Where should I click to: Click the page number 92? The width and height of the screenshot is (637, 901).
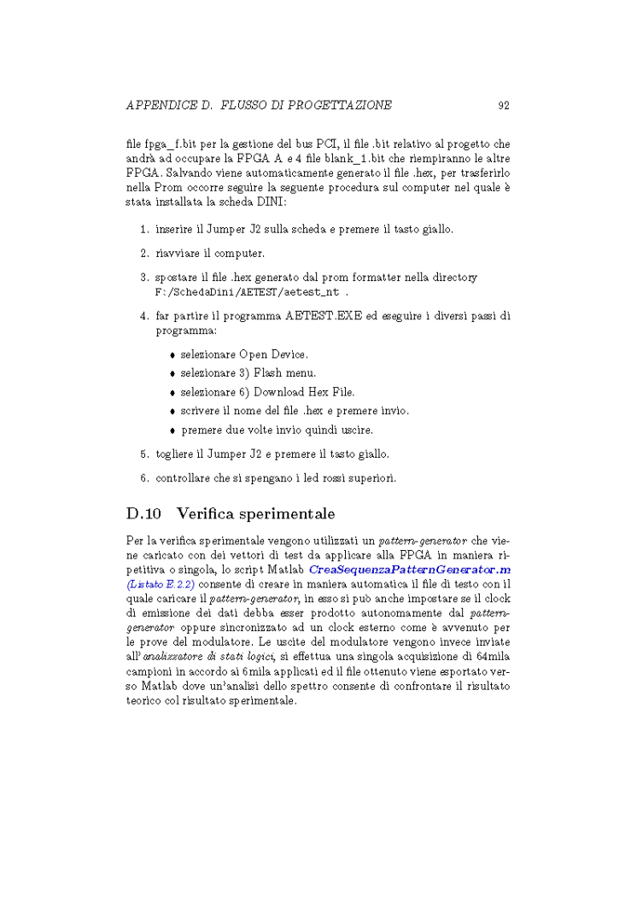(503, 106)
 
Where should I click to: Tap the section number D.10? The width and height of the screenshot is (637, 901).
(143, 514)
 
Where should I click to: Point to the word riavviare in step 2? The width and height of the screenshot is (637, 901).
(176, 254)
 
